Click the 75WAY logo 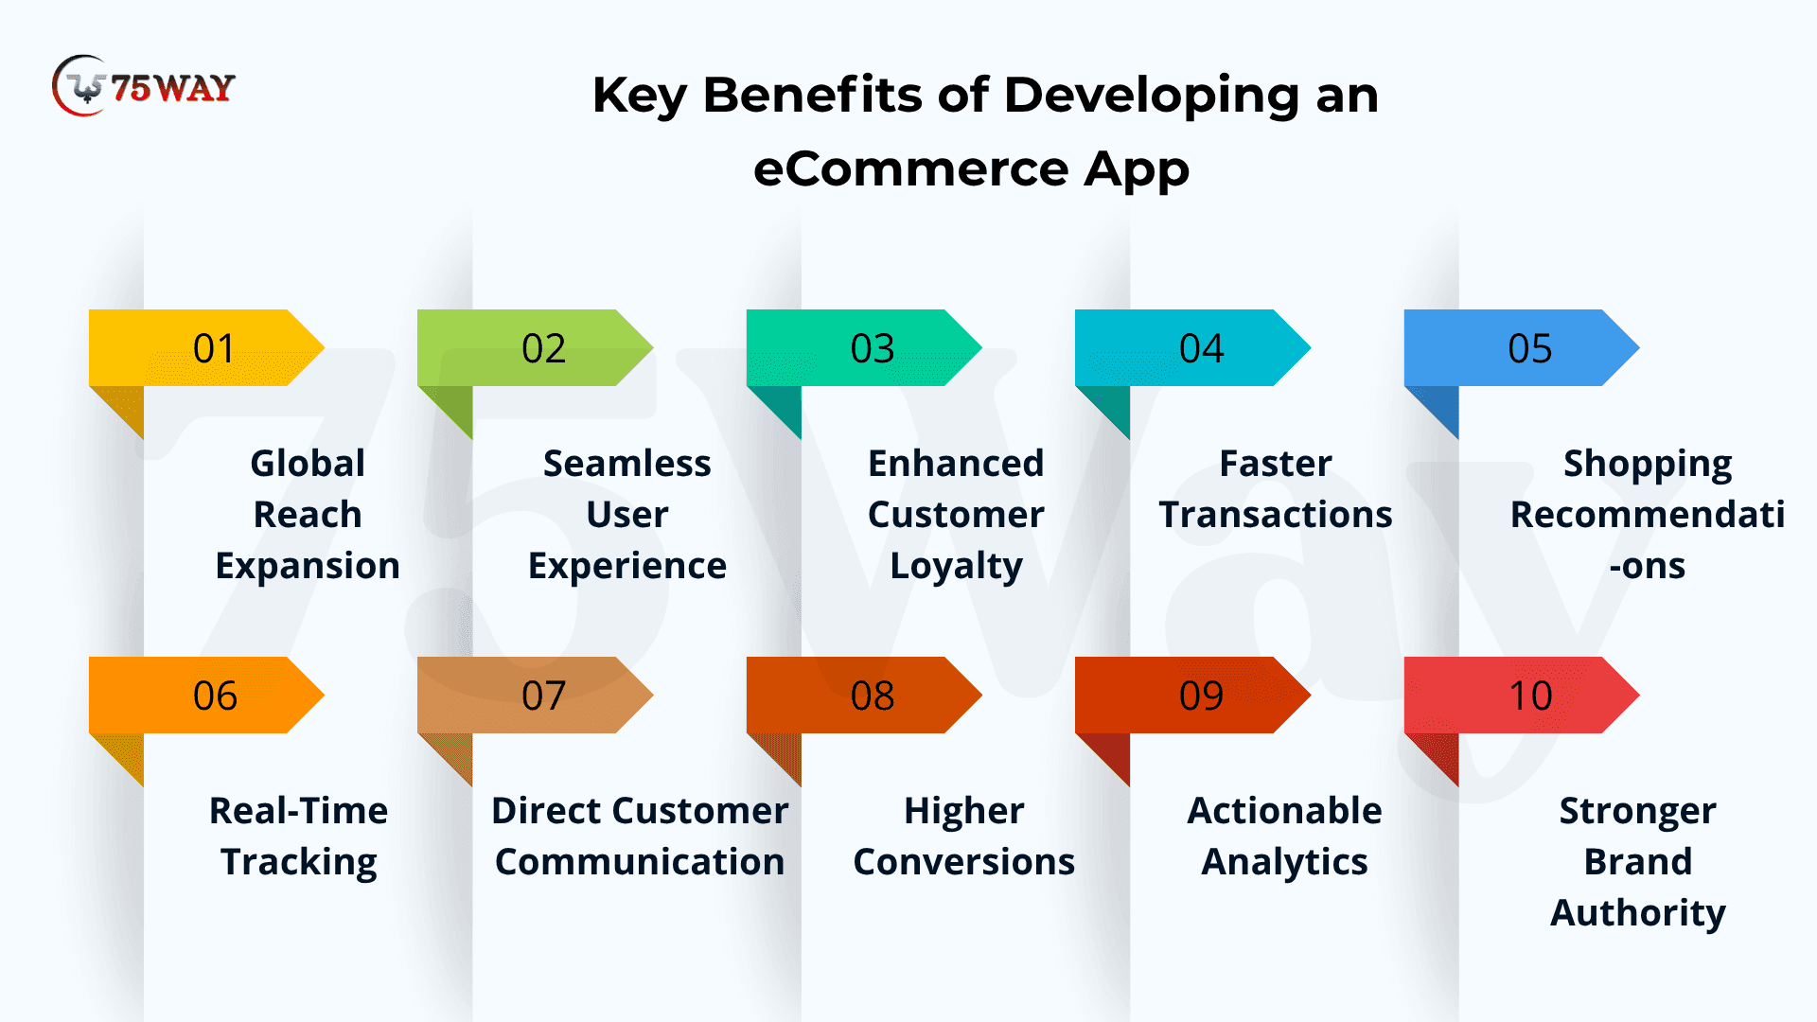point(144,86)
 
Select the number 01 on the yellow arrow point(214,348)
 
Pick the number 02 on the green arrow point(543,348)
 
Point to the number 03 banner point(864,348)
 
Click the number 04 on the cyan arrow point(1201,348)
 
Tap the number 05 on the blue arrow point(1529,348)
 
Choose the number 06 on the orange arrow point(215,696)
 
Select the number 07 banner point(536,696)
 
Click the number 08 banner point(864,696)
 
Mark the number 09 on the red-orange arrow point(1201,696)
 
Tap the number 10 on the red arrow point(1530,696)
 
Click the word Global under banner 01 point(308,464)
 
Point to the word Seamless point(626,464)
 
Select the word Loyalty point(956,567)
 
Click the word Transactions point(1276,515)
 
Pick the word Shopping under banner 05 point(1648,465)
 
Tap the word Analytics point(1284,863)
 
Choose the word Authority point(1638,914)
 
